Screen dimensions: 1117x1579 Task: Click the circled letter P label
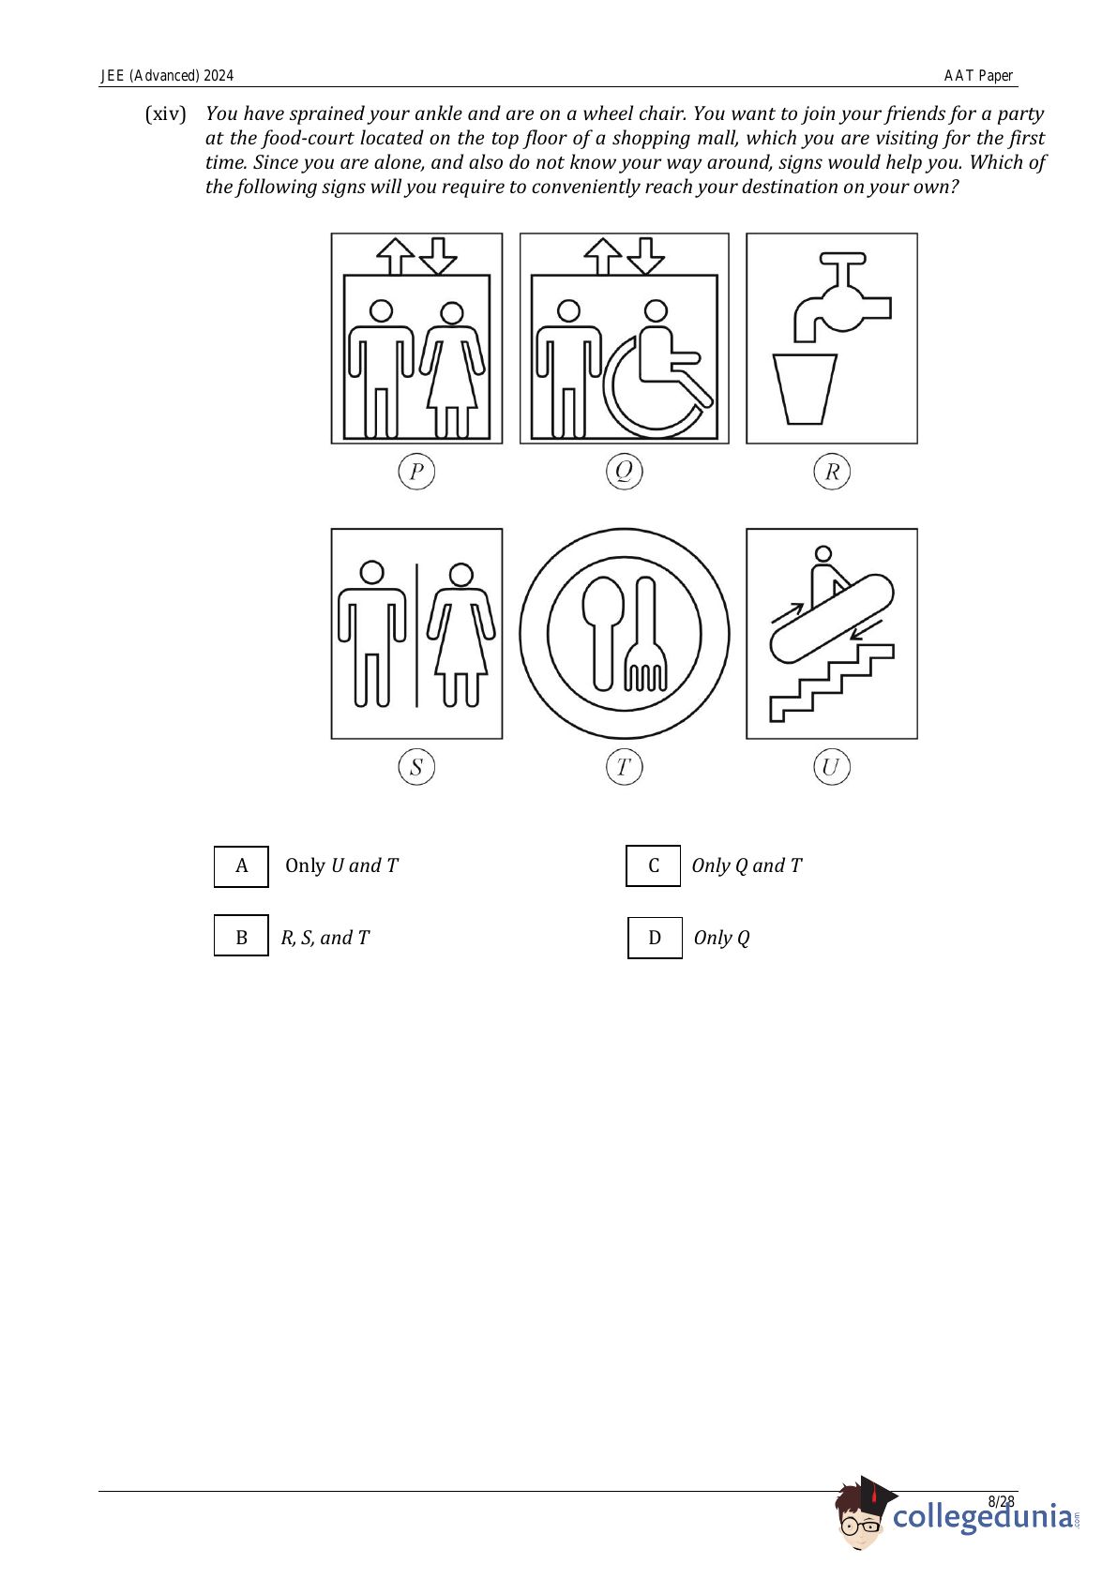pyautogui.click(x=416, y=471)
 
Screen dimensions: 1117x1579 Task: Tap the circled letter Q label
pyautogui.click(x=624, y=471)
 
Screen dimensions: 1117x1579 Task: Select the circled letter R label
pyautogui.click(x=831, y=471)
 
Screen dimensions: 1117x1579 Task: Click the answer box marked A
pyautogui.click(x=241, y=866)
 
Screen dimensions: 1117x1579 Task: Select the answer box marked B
pyautogui.click(x=241, y=936)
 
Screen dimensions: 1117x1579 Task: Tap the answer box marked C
pyautogui.click(x=653, y=865)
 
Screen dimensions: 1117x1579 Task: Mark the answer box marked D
pyautogui.click(x=655, y=938)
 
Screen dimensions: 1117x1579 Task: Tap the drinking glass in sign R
pyautogui.click(x=805, y=389)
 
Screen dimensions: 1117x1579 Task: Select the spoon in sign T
pyautogui.click(x=603, y=634)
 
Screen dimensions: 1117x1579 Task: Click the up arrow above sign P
pyautogui.click(x=395, y=256)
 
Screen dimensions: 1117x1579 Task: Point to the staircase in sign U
pyautogui.click(x=831, y=683)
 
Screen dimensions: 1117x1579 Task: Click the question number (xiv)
pyautogui.click(x=166, y=113)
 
